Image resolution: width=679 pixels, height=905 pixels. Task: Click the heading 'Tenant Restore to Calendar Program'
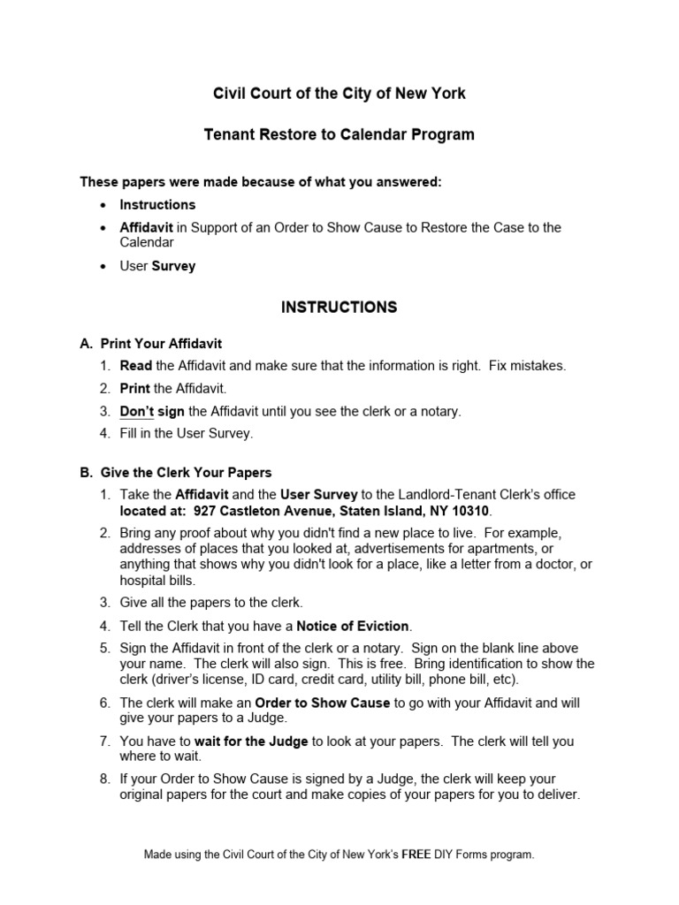(339, 135)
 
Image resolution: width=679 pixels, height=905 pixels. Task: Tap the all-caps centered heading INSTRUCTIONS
(339, 308)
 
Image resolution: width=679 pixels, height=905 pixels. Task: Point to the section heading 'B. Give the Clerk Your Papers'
(177, 473)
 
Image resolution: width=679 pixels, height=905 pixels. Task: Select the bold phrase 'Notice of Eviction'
(354, 626)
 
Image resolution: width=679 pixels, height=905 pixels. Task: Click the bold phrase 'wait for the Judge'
(251, 741)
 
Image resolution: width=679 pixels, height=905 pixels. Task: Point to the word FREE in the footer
(417, 855)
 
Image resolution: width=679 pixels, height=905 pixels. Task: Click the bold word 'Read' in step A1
(136, 365)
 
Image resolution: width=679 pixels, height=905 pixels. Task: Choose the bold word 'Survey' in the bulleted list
(173, 266)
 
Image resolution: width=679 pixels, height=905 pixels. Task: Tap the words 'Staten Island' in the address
(378, 512)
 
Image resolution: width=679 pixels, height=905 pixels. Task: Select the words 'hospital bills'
(157, 581)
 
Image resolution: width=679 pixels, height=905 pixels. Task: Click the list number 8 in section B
(104, 779)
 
